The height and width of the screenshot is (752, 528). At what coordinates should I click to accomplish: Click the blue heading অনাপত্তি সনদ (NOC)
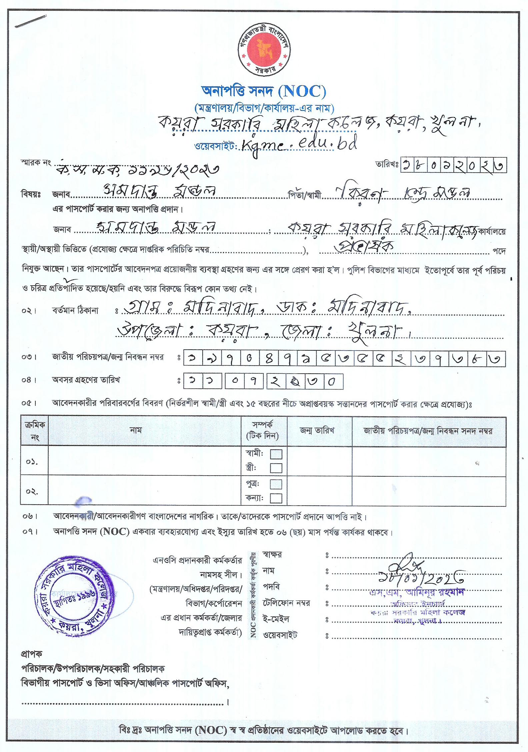264,91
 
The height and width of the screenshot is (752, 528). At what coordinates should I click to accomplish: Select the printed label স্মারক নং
36,163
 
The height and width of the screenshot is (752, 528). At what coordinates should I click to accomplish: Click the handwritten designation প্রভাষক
365,246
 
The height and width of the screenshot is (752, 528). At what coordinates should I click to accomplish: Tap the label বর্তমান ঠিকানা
75,311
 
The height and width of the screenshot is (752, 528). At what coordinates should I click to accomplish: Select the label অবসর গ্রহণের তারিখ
86,380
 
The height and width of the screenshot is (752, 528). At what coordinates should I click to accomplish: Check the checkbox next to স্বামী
276,454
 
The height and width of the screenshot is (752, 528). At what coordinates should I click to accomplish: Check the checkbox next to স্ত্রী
276,468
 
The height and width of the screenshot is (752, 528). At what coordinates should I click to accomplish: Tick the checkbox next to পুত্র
276,484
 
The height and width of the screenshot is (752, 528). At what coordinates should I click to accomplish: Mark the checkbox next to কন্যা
276,498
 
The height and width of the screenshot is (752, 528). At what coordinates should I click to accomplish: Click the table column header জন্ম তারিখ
317,431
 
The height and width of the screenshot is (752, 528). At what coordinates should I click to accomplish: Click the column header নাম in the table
136,430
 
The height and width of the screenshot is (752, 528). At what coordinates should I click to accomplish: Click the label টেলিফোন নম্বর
286,603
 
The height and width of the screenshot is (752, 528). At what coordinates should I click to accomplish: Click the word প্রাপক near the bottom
32,654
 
